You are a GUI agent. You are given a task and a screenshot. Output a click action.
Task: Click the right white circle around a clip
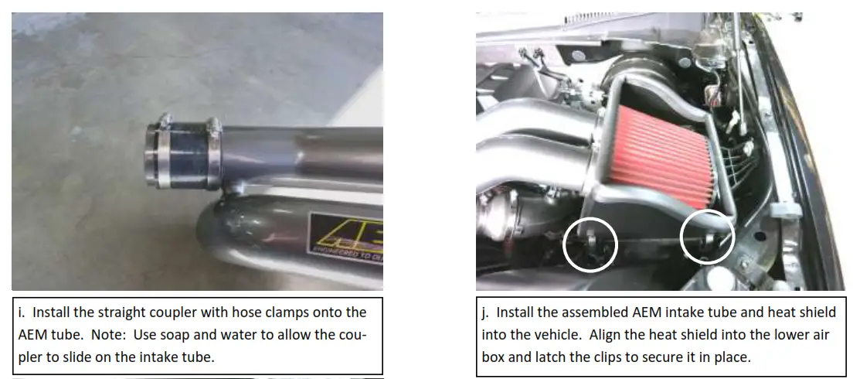click(x=707, y=236)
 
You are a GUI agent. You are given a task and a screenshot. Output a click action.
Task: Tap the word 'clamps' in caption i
click(x=282, y=312)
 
